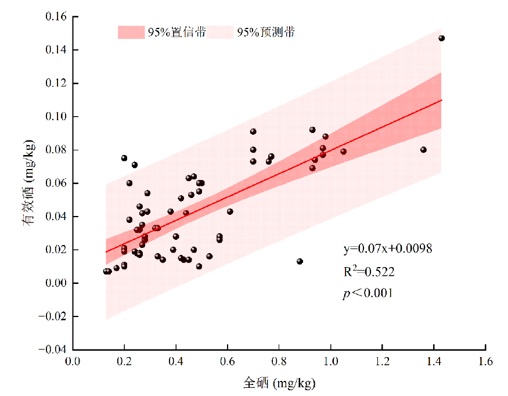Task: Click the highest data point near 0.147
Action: coord(441,38)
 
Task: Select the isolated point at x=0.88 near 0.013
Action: coord(300,261)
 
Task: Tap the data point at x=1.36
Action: coord(423,150)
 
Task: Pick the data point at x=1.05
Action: coord(343,152)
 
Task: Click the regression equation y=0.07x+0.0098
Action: coord(387,249)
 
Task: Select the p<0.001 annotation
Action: coord(368,293)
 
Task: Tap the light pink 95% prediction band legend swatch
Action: coord(220,33)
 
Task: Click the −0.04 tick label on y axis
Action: coord(53,350)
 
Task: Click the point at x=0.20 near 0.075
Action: coord(124,158)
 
